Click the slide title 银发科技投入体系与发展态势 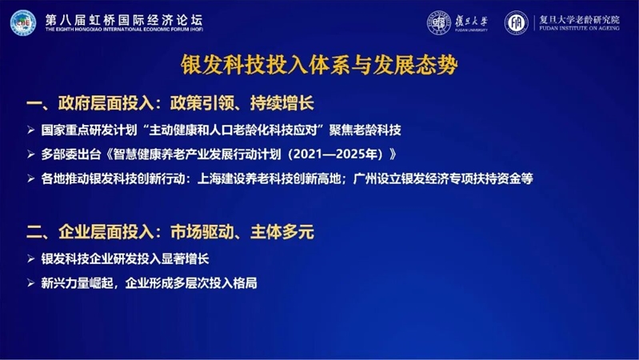click(319, 65)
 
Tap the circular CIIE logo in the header click(23, 22)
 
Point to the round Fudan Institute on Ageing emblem click(517, 22)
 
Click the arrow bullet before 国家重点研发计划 click(30, 130)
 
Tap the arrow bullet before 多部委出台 click(30, 154)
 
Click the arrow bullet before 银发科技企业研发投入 click(30, 259)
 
